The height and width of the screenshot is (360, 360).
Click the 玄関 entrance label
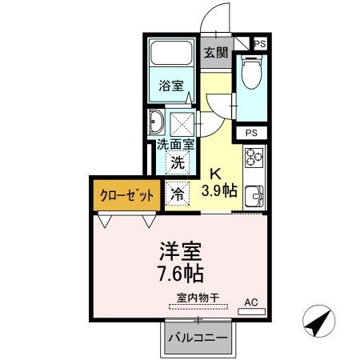215,53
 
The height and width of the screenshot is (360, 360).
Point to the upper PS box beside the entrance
259,44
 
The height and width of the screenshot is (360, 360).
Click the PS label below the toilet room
251,133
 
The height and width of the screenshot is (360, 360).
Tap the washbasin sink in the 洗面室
155,123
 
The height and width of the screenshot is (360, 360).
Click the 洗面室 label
175,145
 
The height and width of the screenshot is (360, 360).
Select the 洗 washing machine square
179,162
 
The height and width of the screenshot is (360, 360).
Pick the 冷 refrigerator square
178,193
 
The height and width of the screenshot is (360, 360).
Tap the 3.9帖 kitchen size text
218,190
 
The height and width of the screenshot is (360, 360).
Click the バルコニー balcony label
197,337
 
